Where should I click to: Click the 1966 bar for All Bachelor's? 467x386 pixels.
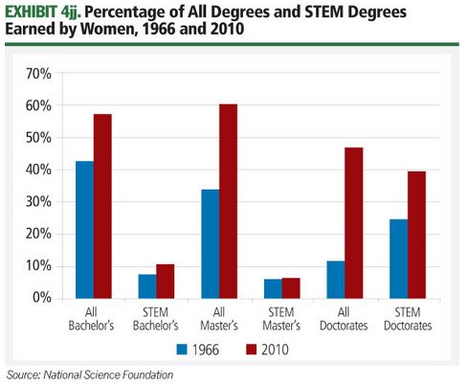(84, 229)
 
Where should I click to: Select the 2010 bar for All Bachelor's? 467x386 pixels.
(102, 206)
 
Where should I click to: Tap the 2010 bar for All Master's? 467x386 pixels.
(229, 200)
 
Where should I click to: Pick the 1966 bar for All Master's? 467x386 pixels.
(211, 243)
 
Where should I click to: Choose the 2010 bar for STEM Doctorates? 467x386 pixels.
(417, 235)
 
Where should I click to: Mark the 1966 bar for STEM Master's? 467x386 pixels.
(274, 287)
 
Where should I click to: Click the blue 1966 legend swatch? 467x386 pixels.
(184, 350)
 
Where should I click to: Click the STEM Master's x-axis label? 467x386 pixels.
(282, 320)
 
